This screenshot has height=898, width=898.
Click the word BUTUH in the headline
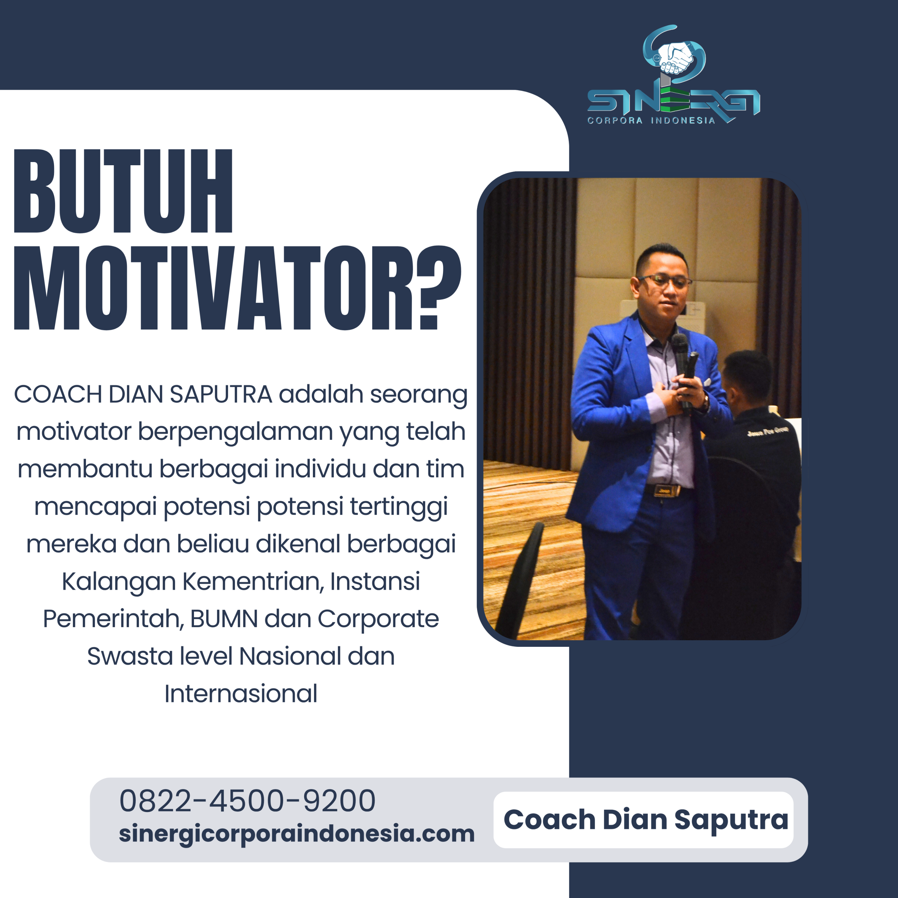[x=123, y=191]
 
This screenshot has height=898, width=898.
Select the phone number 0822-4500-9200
[x=247, y=801]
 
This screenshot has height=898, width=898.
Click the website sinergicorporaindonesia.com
[x=296, y=833]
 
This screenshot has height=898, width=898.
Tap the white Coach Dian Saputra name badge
[x=645, y=819]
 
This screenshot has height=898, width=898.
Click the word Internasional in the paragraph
[x=241, y=693]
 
